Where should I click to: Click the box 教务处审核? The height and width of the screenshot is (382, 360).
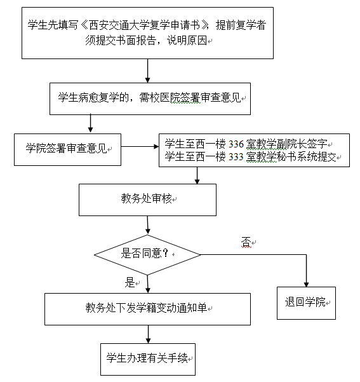click(x=147, y=200)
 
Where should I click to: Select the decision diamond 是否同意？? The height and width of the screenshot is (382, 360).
click(x=147, y=255)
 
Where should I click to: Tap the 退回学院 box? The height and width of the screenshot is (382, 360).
click(x=306, y=303)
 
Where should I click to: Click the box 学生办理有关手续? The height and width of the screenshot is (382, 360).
click(x=148, y=359)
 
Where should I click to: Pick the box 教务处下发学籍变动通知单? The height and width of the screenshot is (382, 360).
click(x=147, y=309)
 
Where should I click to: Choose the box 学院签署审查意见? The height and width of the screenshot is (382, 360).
click(x=68, y=149)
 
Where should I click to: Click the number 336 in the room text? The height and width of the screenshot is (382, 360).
click(x=236, y=144)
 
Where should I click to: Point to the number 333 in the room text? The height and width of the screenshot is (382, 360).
click(x=236, y=157)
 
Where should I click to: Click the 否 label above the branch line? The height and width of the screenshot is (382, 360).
click(x=246, y=242)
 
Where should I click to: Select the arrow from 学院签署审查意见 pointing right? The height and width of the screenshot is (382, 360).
click(x=140, y=146)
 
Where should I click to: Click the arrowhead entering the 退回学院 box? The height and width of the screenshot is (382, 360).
click(x=306, y=285)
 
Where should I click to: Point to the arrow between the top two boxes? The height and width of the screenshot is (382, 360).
click(x=147, y=71)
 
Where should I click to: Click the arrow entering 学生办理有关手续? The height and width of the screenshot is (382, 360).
click(x=148, y=334)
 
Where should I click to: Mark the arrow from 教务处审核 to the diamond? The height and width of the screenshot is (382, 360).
click(x=147, y=225)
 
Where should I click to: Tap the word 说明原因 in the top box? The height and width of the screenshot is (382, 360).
click(x=187, y=41)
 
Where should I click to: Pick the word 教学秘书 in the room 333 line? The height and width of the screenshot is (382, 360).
click(x=267, y=157)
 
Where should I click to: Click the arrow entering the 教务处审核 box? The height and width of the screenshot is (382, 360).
click(x=197, y=175)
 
